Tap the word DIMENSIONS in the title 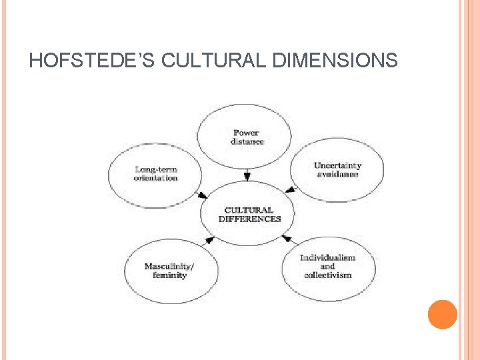click(x=335, y=61)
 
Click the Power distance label click(x=247, y=137)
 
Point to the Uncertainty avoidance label click(x=337, y=169)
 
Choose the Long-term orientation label click(x=156, y=173)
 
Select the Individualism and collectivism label click(x=327, y=266)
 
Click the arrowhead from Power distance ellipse click(x=247, y=177)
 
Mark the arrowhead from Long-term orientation click(x=203, y=195)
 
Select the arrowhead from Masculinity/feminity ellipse click(x=209, y=239)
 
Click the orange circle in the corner click(x=442, y=315)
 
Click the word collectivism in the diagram click(x=327, y=275)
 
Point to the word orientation click(x=156, y=178)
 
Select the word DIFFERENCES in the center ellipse click(x=250, y=219)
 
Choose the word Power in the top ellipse click(x=247, y=133)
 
